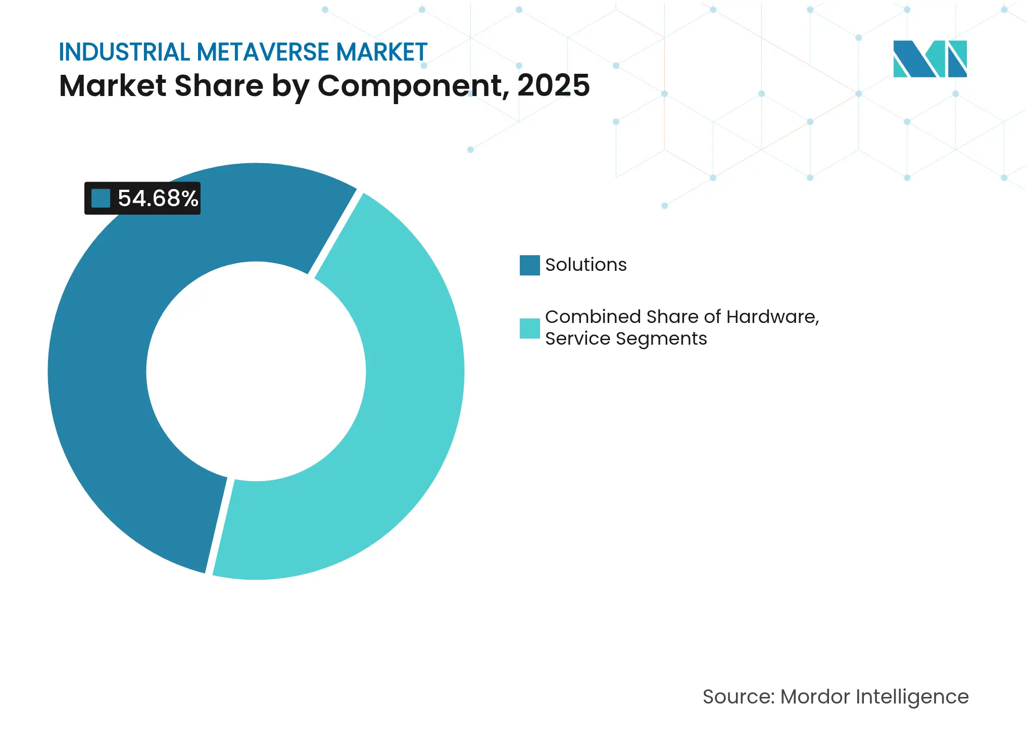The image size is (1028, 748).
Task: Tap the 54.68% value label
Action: pos(158,198)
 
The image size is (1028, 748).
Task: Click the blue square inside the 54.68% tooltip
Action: pos(101,198)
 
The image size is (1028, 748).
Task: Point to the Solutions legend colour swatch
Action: pos(529,265)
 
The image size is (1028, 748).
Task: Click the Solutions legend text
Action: pos(586,265)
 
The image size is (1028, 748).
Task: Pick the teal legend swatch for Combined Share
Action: pos(529,329)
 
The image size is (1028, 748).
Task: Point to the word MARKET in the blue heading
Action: pos(382,52)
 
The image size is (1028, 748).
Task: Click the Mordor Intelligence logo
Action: pos(929,59)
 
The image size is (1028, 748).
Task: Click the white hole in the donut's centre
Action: pos(256,371)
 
